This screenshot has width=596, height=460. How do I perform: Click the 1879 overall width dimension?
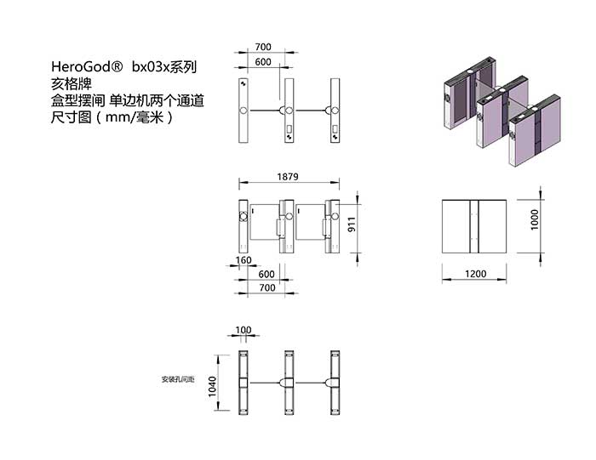[288, 177]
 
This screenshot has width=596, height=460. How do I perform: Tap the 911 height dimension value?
[352, 224]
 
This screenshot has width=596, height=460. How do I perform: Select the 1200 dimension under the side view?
[475, 274]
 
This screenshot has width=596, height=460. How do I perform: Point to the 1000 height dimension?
[535, 219]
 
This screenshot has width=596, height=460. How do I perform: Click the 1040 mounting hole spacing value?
[212, 386]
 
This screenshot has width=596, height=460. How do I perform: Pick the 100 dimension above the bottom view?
[244, 330]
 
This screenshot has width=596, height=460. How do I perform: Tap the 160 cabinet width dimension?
[244, 260]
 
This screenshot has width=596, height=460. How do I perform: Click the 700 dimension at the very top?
[263, 47]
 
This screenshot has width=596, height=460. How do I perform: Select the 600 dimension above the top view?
[263, 62]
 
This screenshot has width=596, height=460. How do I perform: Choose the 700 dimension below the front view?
[267, 287]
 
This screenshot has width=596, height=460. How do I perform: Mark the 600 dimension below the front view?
[266, 274]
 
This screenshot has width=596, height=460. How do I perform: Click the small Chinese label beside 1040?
[178, 379]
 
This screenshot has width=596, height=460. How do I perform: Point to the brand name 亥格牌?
[72, 84]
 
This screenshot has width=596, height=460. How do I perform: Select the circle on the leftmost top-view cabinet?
[244, 111]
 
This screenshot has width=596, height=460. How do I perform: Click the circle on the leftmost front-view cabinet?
[244, 216]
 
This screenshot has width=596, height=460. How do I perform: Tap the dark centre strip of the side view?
[474, 226]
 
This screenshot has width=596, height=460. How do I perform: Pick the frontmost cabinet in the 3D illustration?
[536, 130]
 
